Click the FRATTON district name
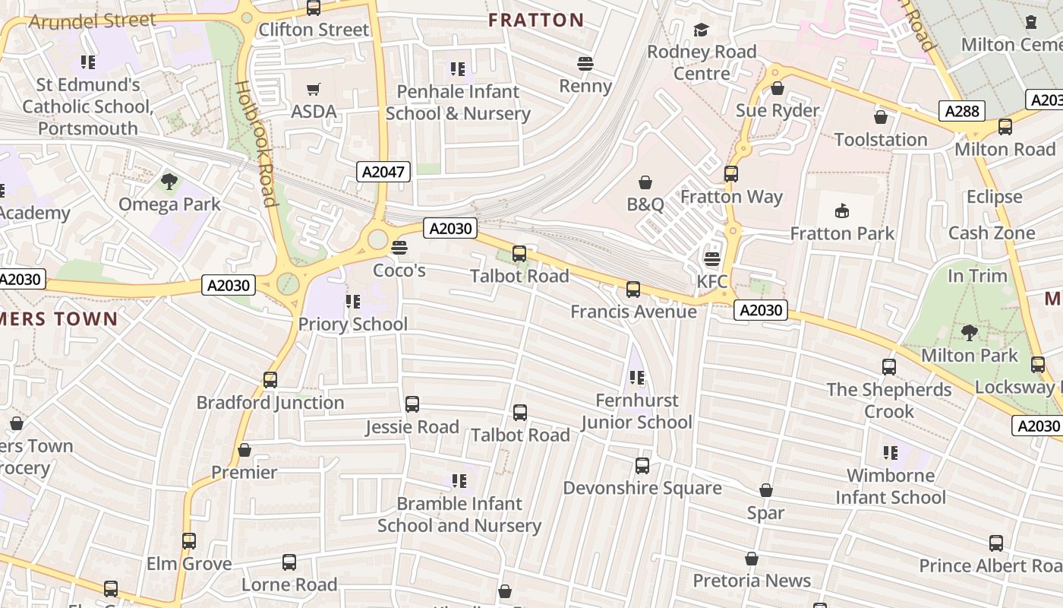tap(536, 21)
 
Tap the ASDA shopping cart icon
tap(314, 89)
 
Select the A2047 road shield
tap(383, 172)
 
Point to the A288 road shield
tap(961, 111)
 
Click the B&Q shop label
tap(645, 204)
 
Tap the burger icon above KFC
tap(711, 259)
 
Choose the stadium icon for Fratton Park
tap(842, 211)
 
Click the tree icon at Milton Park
tap(969, 332)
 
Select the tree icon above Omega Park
tap(169, 182)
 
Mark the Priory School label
tap(352, 325)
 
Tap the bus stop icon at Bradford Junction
tap(270, 379)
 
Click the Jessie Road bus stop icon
tap(412, 404)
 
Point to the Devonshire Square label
tap(642, 488)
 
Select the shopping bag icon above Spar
tap(765, 490)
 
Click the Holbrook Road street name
tap(255, 144)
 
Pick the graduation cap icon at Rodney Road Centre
tap(701, 30)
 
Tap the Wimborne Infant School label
tap(891, 486)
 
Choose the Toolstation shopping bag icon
tap(881, 117)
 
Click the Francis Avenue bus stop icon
tap(633, 290)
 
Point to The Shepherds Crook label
tap(889, 401)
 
